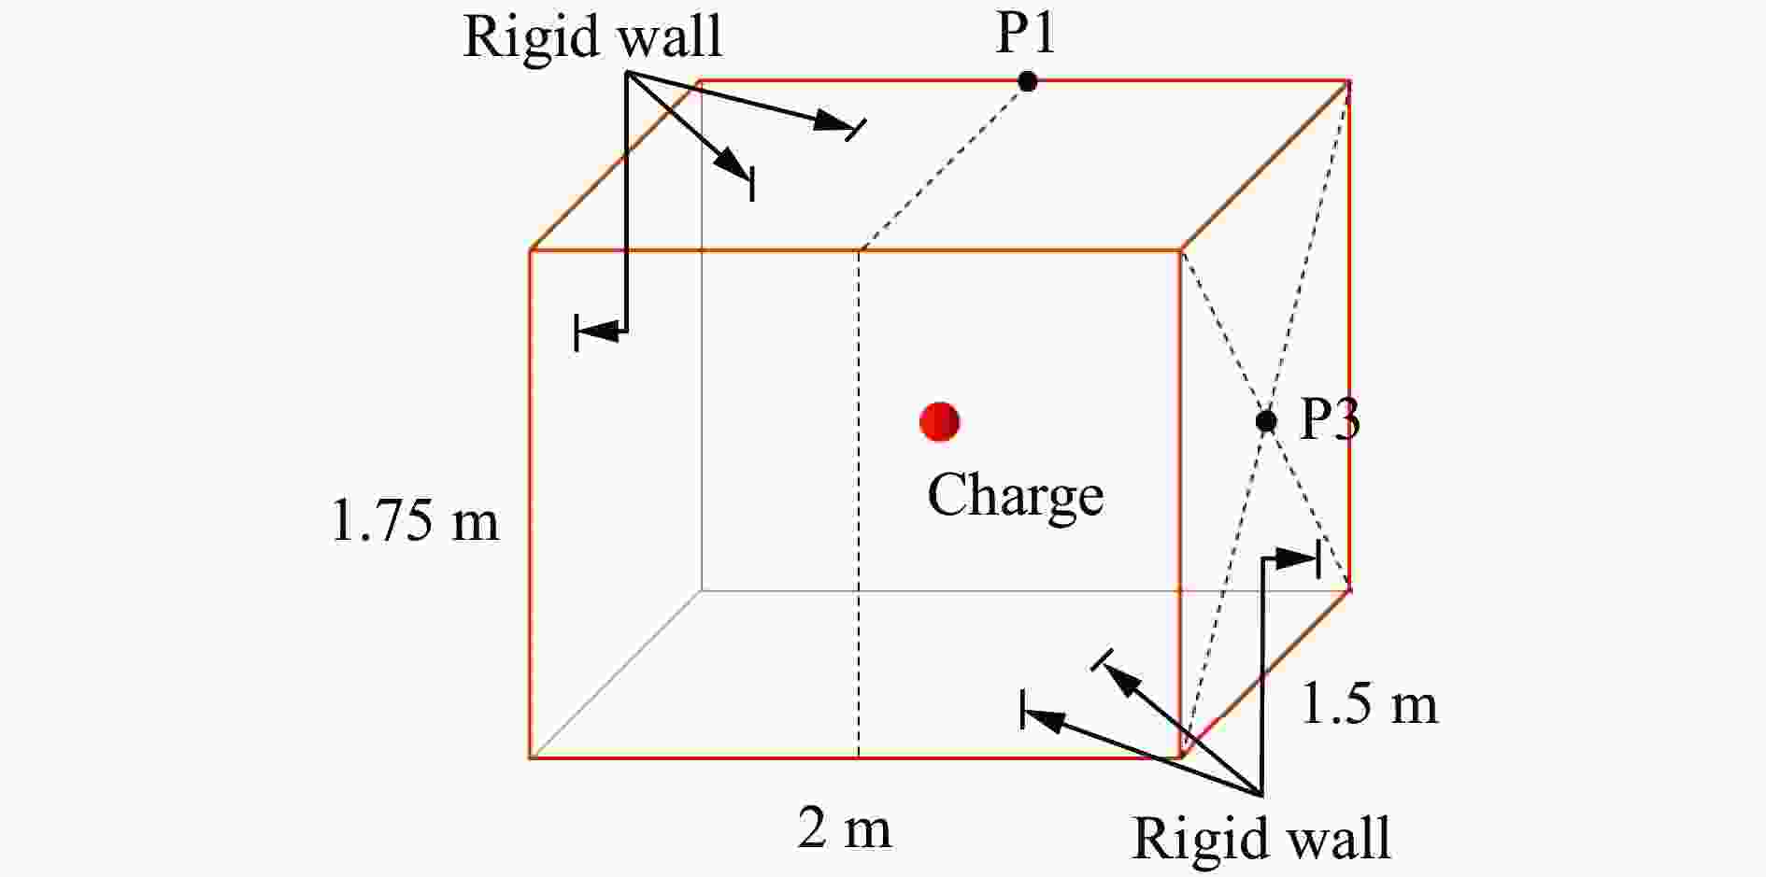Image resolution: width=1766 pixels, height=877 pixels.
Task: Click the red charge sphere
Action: [939, 421]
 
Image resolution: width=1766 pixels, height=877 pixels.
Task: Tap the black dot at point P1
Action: [1028, 81]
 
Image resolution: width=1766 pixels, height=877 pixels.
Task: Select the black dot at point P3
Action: [1266, 421]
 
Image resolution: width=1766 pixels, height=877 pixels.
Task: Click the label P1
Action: [1025, 34]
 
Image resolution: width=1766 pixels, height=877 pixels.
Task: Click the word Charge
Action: [1016, 496]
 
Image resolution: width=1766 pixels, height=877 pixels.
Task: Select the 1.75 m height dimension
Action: [415, 520]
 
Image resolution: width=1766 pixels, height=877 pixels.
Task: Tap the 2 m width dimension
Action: [844, 827]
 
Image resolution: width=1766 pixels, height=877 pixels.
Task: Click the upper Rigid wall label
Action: [592, 37]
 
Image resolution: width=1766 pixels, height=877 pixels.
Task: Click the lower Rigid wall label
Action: [1261, 838]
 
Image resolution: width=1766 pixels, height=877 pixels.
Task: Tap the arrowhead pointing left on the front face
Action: [598, 331]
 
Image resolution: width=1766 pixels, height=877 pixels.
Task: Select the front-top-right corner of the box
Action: [1181, 250]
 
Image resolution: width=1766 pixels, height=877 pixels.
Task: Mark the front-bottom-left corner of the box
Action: [530, 757]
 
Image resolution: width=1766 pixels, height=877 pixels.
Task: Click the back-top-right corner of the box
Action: [1349, 82]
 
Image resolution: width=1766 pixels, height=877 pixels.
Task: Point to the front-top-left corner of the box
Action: [530, 250]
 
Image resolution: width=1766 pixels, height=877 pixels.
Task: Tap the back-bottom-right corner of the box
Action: [1349, 589]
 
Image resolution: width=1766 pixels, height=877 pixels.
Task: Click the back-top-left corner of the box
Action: [701, 82]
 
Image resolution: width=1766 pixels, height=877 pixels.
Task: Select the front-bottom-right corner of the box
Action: [1181, 757]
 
